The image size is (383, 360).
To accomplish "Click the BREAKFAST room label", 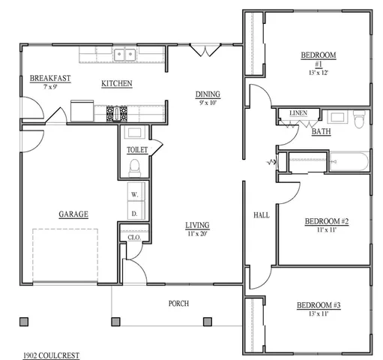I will [x=50, y=78].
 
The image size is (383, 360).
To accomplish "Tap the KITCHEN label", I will [x=117, y=83].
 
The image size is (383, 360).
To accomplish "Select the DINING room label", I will [x=208, y=94].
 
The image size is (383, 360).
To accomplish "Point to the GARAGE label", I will [x=73, y=214].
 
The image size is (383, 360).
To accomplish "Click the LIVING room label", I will [x=198, y=225].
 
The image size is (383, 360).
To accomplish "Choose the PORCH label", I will [x=178, y=303].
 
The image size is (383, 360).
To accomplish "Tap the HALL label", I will [x=262, y=215].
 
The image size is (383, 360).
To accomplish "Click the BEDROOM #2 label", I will [x=327, y=221].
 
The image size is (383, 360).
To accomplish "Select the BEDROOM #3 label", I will [x=319, y=304].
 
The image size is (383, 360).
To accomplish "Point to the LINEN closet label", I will [x=298, y=113].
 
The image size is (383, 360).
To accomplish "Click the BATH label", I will [x=322, y=131].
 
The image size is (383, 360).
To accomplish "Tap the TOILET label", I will [x=137, y=149].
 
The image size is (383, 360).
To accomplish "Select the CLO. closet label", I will [x=135, y=237].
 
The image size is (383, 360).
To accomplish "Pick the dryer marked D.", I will [x=135, y=213].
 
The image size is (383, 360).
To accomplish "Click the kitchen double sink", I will [x=124, y=54].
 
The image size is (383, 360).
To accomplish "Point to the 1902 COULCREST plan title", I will [x=51, y=354].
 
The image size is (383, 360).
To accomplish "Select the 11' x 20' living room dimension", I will [x=198, y=234].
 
